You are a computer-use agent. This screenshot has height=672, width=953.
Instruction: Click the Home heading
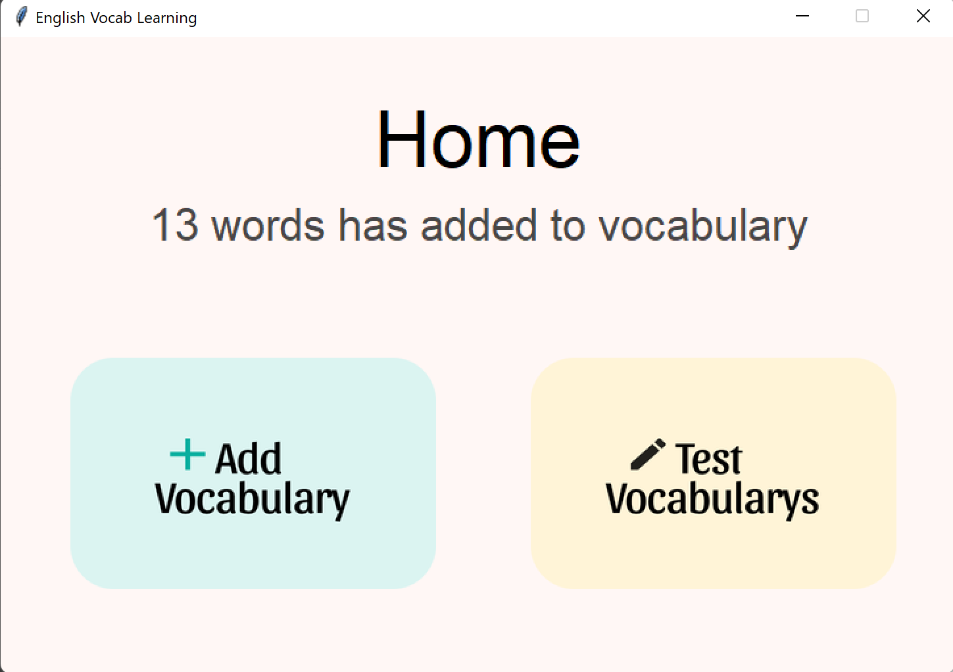pyautogui.click(x=478, y=139)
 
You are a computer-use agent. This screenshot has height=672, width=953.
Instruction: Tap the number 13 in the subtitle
pyautogui.click(x=175, y=226)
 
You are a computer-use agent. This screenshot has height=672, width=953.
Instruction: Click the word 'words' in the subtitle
pyautogui.click(x=268, y=226)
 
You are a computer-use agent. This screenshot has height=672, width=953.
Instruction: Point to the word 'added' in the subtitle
pyautogui.click(x=479, y=226)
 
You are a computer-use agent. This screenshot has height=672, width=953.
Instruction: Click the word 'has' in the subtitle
pyautogui.click(x=372, y=226)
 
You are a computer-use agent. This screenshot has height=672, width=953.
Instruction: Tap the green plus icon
pyautogui.click(x=187, y=454)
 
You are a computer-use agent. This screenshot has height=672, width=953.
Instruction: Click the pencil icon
pyautogui.click(x=648, y=454)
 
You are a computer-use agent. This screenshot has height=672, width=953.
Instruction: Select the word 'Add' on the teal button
pyautogui.click(x=249, y=458)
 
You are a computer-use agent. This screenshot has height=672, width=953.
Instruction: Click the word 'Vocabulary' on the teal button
pyautogui.click(x=253, y=499)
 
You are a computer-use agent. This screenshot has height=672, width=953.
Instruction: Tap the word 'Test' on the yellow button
pyautogui.click(x=709, y=458)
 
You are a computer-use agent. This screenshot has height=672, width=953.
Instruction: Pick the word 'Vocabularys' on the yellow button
pyautogui.click(x=712, y=499)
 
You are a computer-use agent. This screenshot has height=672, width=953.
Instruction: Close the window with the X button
pyautogui.click(x=923, y=16)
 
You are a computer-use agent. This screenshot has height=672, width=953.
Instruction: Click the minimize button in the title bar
pyautogui.click(x=802, y=16)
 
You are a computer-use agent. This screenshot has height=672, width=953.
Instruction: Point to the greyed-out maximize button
pyautogui.click(x=862, y=16)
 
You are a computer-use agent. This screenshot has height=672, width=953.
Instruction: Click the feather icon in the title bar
pyautogui.click(x=21, y=16)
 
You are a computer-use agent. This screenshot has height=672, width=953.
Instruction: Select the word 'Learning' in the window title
pyautogui.click(x=167, y=18)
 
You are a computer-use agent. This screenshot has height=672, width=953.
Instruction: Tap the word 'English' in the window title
pyautogui.click(x=61, y=18)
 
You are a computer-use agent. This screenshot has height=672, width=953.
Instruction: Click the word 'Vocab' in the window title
pyautogui.click(x=111, y=18)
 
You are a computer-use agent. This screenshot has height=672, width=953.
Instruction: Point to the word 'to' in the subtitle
pyautogui.click(x=568, y=226)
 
